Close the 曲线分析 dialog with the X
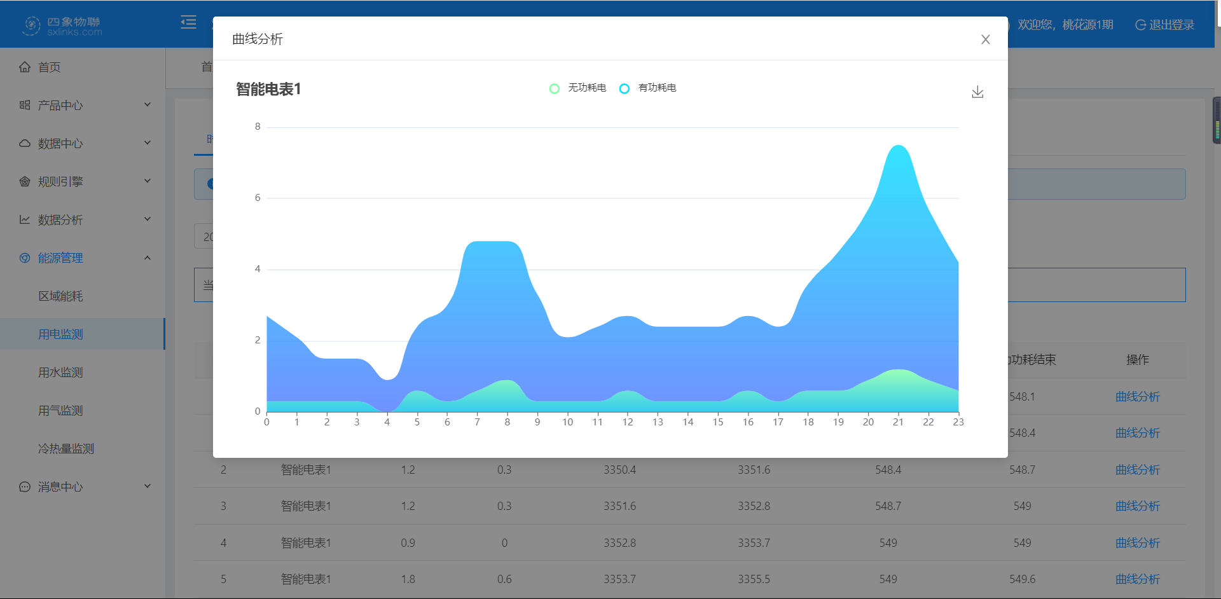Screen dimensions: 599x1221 [985, 39]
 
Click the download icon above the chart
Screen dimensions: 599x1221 [977, 92]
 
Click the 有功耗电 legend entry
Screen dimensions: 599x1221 [648, 88]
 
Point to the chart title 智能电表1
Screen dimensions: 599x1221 [268, 89]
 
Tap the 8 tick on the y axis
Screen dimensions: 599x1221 [258, 127]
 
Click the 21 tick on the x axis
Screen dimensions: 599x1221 [898, 422]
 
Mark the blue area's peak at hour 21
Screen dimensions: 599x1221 [898, 146]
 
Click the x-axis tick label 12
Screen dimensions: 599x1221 [628, 422]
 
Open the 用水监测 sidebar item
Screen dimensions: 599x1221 [60, 373]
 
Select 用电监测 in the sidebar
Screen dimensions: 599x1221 [60, 334]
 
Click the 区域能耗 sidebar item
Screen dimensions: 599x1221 [60, 296]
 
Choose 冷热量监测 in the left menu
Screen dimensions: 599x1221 [66, 449]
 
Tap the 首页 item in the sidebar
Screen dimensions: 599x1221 [49, 67]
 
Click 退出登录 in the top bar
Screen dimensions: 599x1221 [1165, 25]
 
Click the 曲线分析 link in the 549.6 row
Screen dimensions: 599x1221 [1137, 579]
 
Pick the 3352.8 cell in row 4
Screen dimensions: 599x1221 [619, 543]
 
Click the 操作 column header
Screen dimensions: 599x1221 [1137, 360]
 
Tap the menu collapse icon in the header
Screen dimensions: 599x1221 [188, 23]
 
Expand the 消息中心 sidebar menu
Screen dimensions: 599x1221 [60, 487]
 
